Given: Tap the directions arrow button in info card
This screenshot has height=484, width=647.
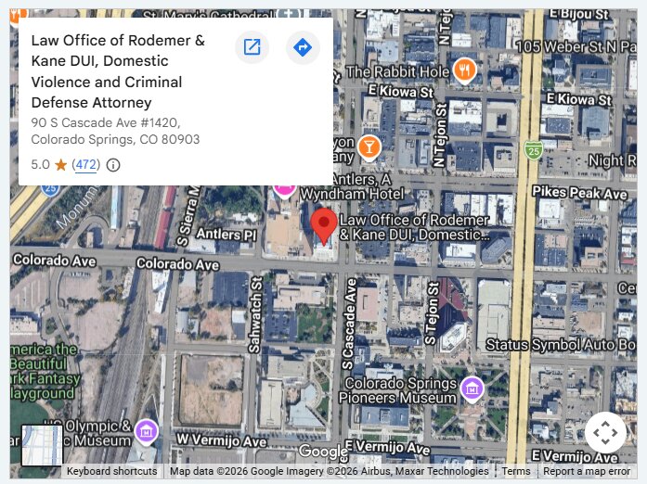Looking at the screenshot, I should (302, 47).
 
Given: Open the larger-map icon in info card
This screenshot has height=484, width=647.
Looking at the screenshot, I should (252, 47).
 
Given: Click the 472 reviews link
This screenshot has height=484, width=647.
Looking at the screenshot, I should (86, 165).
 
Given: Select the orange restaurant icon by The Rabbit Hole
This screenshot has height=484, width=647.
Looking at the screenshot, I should (464, 70).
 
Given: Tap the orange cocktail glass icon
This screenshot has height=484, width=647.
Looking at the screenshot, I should (369, 146).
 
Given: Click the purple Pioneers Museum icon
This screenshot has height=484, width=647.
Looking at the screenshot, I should (472, 388).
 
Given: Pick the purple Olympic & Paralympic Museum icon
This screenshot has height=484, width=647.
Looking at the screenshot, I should (146, 431).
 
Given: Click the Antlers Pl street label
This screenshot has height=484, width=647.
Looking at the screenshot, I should (223, 235).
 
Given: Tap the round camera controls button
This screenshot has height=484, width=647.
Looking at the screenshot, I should (604, 432).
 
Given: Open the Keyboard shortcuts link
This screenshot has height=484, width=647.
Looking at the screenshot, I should (111, 472).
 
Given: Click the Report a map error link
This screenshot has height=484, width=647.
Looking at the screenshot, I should (587, 472).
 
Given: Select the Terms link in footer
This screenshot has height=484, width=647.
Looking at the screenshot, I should (516, 472).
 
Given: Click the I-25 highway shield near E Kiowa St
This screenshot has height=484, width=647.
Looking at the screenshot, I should (533, 149).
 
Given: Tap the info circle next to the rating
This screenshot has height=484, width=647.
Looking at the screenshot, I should (113, 165).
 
